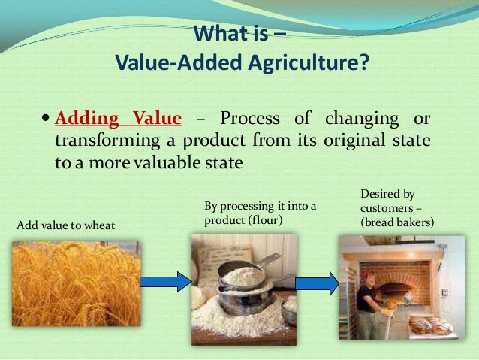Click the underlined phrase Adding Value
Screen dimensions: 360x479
pyautogui.click(x=118, y=119)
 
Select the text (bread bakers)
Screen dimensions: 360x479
pyautogui.click(x=396, y=222)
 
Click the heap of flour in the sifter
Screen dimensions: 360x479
pyautogui.click(x=242, y=277)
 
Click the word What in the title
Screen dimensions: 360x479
pyautogui.click(x=216, y=35)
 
